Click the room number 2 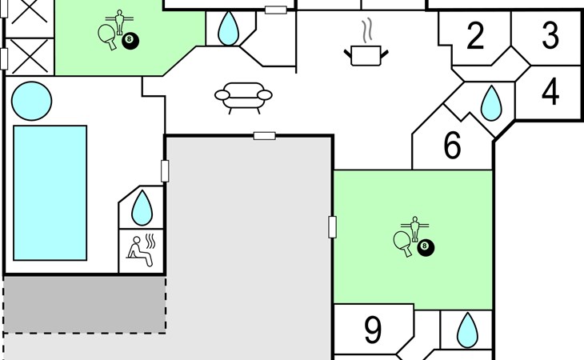pyautogui.click(x=475, y=36)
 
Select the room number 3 pyautogui.click(x=550, y=36)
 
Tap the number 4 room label pyautogui.click(x=550, y=91)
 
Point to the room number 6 pyautogui.click(x=453, y=145)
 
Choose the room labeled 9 pyautogui.click(x=373, y=330)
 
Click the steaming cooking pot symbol pyautogui.click(x=366, y=42)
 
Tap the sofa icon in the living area pyautogui.click(x=243, y=98)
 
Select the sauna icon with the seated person pyautogui.click(x=141, y=250)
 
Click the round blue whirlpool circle pyautogui.click(x=32, y=101)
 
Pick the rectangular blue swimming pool pyautogui.click(x=50, y=193)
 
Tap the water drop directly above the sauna pyautogui.click(x=142, y=208)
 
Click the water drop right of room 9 pyautogui.click(x=467, y=330)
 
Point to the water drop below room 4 pyautogui.click(x=491, y=103)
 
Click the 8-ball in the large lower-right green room pyautogui.click(x=426, y=247)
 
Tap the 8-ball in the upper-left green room pyautogui.click(x=130, y=41)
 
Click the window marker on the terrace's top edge pyautogui.click(x=265, y=136)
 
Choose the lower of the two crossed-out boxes pyautogui.click(x=30, y=57)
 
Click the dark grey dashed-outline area pyautogui.click(x=85, y=305)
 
